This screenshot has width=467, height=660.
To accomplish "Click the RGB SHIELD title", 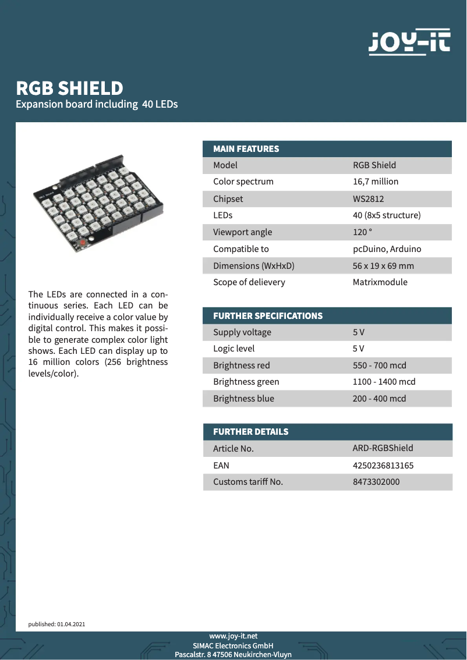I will pos(69,88).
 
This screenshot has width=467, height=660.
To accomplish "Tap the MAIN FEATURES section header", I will pos(246,149).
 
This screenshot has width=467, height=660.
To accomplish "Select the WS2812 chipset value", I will pos(368,199).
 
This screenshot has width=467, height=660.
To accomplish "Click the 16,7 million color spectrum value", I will pos(376,182).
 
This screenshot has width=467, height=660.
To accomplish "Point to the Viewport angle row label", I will pos(242,232).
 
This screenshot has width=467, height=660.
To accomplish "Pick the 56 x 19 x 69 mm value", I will pos(383,266).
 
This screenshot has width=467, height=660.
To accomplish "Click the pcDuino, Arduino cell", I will pos(387,249).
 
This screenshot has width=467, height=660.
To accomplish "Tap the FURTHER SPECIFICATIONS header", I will pos(267,316).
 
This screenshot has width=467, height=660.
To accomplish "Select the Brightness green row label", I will pos(246,382).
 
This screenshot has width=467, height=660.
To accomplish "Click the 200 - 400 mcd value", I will pos(379,399).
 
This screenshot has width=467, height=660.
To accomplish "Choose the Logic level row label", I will pos(233,349).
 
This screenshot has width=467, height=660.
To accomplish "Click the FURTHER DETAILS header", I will pos(250,432).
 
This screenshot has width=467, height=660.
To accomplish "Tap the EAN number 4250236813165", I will pos(383,466).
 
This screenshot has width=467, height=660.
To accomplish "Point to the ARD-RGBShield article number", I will pos(383,448).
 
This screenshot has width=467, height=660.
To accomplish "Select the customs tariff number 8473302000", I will pos(376,482).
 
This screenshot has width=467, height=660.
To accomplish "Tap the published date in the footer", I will pos(56,624).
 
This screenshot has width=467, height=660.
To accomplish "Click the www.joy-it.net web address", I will pos(233,636).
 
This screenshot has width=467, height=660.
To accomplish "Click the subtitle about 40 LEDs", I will pos(97,105).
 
